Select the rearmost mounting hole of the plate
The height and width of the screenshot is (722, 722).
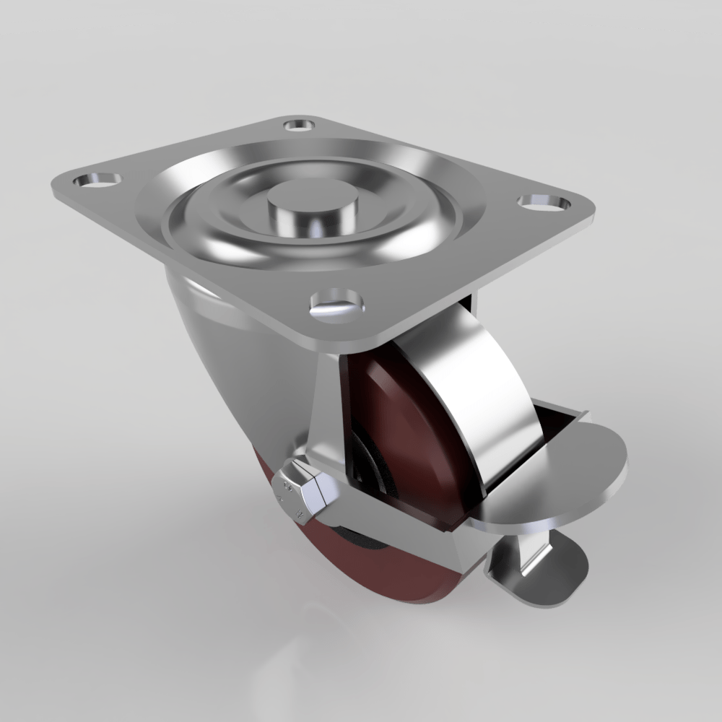pos(299,125)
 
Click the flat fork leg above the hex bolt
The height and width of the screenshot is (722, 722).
pos(325,419)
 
